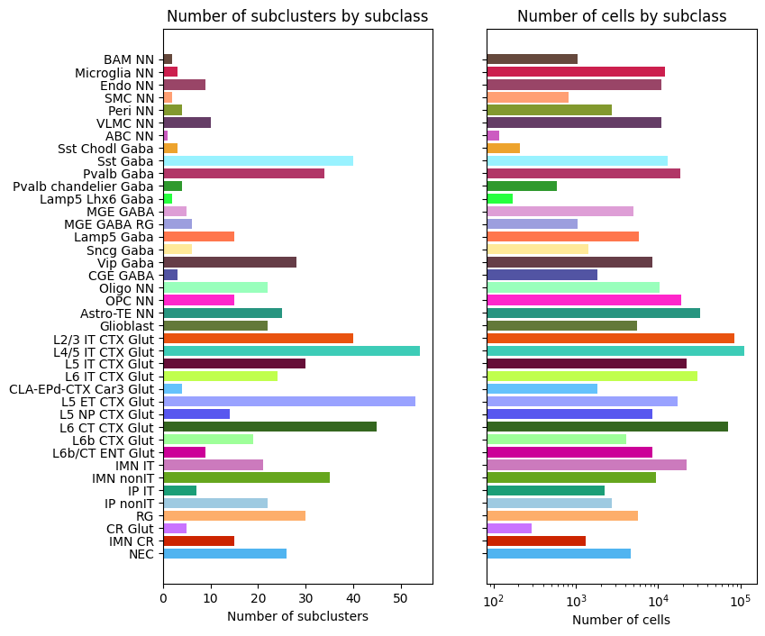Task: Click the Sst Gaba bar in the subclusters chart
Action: pyautogui.click(x=258, y=160)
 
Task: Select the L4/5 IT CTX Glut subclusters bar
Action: pyautogui.click(x=291, y=350)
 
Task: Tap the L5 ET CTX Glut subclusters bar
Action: pyautogui.click(x=289, y=401)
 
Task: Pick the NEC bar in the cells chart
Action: pyautogui.click(x=559, y=553)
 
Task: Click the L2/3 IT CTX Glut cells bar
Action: pyautogui.click(x=610, y=338)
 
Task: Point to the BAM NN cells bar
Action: pyautogui.click(x=532, y=59)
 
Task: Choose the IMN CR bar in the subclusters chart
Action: pyautogui.click(x=198, y=541)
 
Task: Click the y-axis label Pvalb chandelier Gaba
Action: pyautogui.click(x=85, y=186)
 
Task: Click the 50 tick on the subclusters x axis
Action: pyautogui.click(x=401, y=596)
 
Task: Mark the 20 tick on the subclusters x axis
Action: pyautogui.click(x=258, y=596)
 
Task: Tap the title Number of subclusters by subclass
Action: pyautogui.click(x=297, y=16)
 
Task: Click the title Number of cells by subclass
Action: pyautogui.click(x=622, y=16)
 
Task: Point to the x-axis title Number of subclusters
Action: pyautogui.click(x=297, y=617)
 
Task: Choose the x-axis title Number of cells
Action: pyautogui.click(x=621, y=620)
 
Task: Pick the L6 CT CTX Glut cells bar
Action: pyautogui.click(x=607, y=426)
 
